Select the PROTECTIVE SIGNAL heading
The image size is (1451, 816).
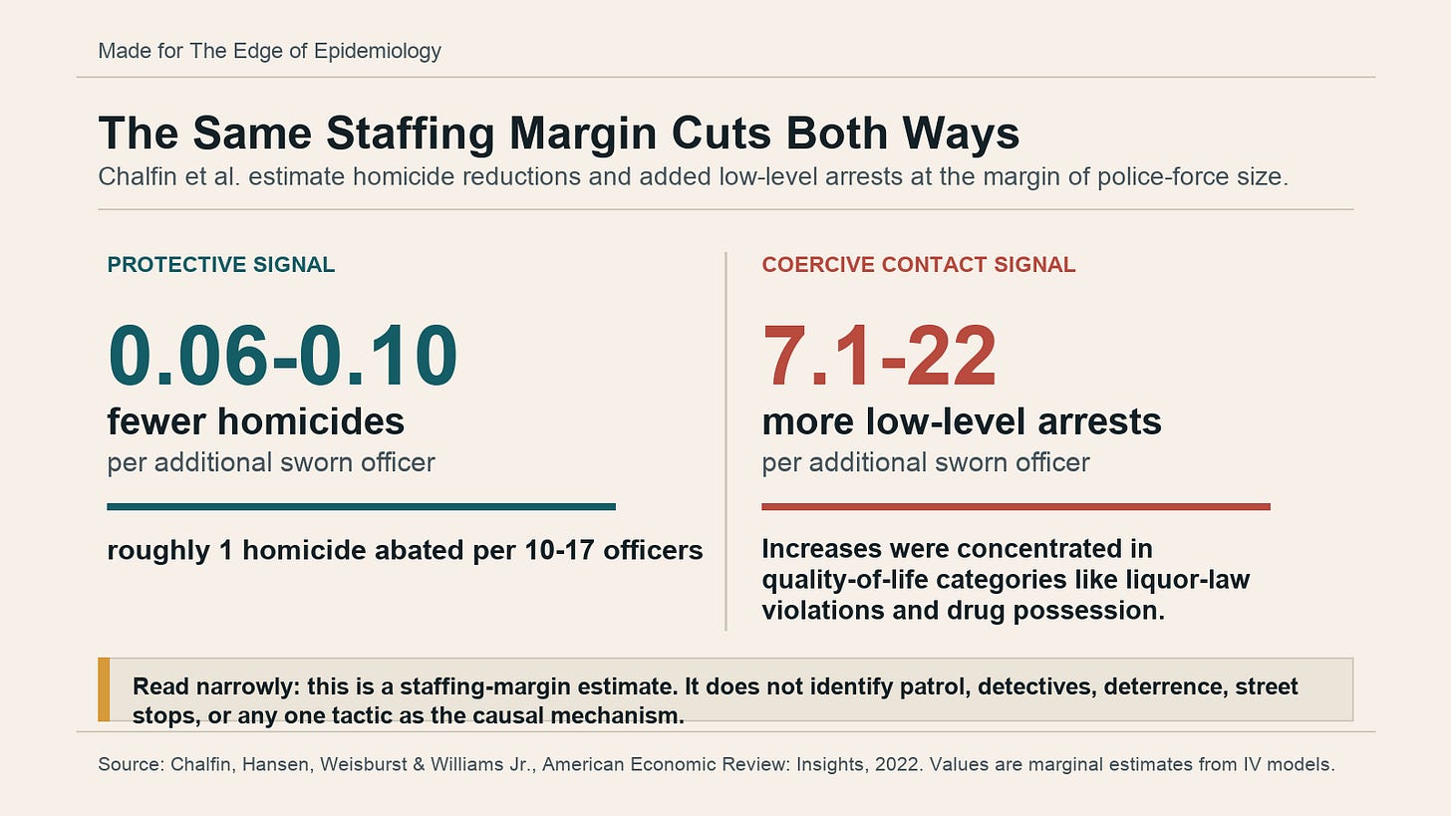221,264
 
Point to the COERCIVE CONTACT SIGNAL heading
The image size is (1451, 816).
919,264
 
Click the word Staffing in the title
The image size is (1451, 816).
410,134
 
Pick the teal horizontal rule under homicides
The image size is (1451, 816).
361,506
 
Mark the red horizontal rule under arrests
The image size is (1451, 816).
1016,506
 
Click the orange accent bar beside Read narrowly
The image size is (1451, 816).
104,689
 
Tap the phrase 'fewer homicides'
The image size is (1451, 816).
256,421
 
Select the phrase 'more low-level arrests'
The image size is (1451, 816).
962,421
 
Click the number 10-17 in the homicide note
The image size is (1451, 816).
559,550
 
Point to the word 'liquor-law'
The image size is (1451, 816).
1187,580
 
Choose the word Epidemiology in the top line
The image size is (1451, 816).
377,51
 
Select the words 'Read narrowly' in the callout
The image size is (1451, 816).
216,686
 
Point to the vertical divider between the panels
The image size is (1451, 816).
725,441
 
